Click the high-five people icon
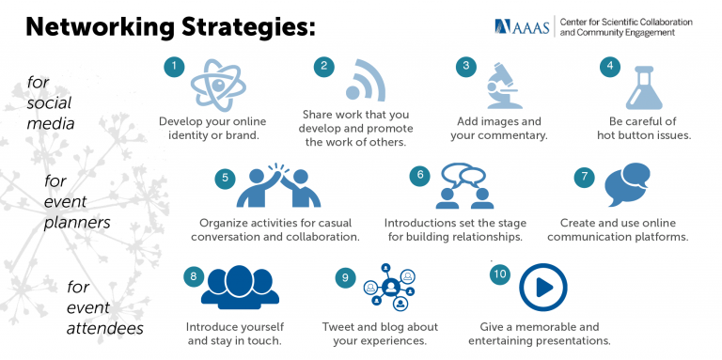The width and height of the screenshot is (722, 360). click(273, 187)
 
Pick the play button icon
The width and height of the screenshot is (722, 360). click(537, 287)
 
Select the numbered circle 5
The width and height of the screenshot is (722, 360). click(223, 177)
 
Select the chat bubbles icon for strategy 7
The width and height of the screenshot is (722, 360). click(627, 184)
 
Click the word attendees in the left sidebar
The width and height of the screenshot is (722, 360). click(104, 328)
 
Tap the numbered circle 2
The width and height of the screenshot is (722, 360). click(323, 66)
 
